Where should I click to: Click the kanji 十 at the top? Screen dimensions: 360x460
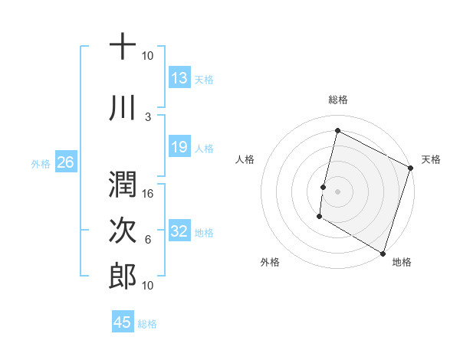[123, 47]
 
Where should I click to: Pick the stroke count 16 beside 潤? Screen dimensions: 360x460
[148, 193]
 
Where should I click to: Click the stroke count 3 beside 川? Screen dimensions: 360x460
[148, 116]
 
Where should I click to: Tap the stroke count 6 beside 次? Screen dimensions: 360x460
[148, 240]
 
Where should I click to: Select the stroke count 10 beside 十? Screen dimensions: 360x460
[147, 56]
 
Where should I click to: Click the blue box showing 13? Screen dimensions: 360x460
[179, 78]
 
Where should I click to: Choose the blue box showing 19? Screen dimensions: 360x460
[179, 147]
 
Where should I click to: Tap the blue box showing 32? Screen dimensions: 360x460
[179, 231]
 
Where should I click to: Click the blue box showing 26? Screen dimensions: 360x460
[65, 162]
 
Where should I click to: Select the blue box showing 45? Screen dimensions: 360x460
[123, 322]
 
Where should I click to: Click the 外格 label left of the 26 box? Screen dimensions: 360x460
[41, 163]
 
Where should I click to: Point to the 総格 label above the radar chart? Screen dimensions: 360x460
[337, 100]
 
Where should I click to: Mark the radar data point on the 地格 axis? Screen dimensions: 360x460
[383, 253]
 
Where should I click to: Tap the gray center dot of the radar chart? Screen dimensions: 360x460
[337, 191]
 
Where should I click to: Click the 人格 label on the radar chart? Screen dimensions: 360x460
[245, 159]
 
